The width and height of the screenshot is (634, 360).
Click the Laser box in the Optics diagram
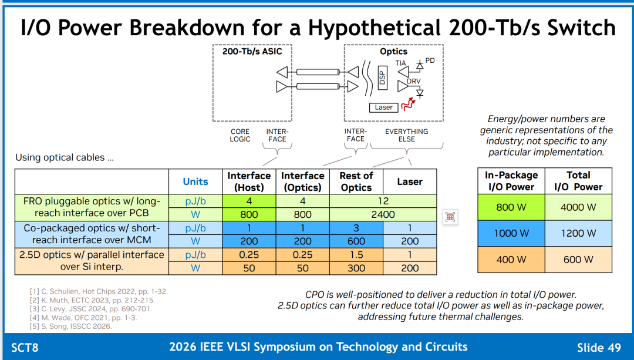point(383,107)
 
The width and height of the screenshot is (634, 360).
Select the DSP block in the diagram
point(383,78)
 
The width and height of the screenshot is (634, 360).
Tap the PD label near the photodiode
point(430,60)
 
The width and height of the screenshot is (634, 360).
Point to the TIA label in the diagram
point(401,63)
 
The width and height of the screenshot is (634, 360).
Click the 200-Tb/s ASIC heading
point(252,51)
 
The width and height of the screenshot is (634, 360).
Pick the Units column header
point(195,181)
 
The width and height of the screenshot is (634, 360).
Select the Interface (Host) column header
point(249,181)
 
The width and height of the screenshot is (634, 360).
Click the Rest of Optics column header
point(356,181)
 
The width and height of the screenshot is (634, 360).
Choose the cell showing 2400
point(383,214)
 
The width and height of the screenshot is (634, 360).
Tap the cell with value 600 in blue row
point(356,241)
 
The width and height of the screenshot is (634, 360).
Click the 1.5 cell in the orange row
point(356,255)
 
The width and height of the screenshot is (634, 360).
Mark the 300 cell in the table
point(356,268)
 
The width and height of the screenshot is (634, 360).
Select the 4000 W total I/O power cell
point(578,207)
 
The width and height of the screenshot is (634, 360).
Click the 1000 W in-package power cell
point(511,233)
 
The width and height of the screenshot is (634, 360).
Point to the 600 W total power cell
point(578,260)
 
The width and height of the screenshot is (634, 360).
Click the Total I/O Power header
point(578,181)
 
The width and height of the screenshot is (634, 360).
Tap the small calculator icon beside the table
point(450,217)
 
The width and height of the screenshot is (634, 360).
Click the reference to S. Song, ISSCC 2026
point(70,326)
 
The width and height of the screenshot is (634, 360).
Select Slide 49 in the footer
point(599,348)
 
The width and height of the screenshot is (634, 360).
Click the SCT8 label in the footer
point(25,348)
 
